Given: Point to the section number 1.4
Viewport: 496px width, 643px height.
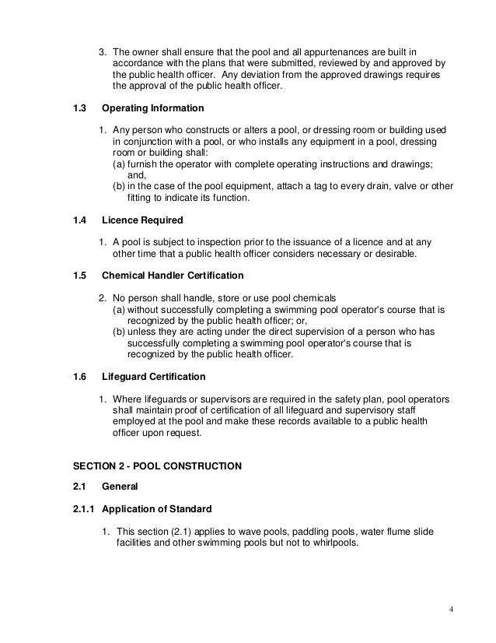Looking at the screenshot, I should tap(79, 220).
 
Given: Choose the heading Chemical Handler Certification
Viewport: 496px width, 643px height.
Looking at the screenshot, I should tap(173, 276).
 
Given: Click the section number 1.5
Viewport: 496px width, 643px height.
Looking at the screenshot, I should tap(79, 276).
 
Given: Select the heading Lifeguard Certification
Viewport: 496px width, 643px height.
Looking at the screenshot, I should tap(154, 377).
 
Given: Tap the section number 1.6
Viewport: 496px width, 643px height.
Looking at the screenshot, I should tap(79, 377).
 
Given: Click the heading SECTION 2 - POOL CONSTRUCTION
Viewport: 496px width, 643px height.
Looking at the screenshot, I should tap(157, 466).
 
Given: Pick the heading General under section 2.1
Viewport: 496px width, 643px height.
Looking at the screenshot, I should tap(120, 487).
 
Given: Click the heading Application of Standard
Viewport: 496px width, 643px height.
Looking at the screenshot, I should tap(156, 509).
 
